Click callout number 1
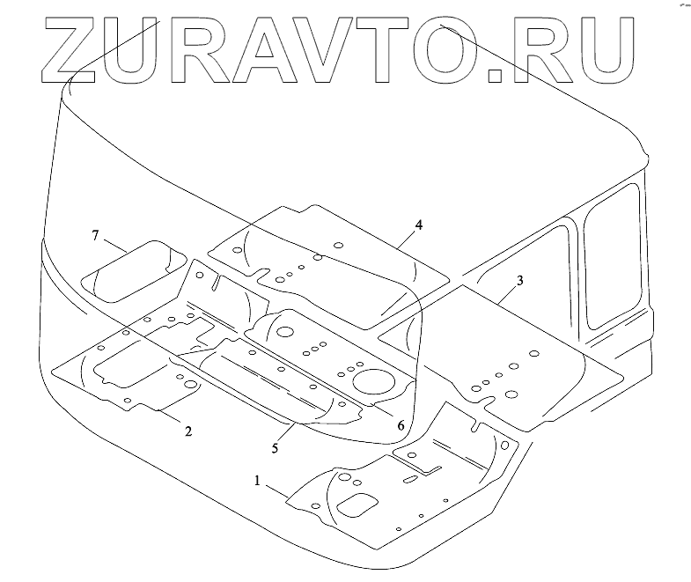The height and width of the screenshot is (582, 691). click(x=257, y=481)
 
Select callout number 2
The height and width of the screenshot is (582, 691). click(x=187, y=431)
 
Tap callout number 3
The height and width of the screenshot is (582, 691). click(x=520, y=280)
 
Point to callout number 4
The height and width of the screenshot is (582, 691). click(x=419, y=225)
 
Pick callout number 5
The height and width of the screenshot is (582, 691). click(x=275, y=447)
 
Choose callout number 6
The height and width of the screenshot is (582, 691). click(x=401, y=425)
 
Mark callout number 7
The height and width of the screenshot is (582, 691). click(x=95, y=235)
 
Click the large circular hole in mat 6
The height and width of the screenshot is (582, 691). click(x=373, y=382)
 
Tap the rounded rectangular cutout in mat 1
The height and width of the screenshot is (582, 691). click(x=356, y=504)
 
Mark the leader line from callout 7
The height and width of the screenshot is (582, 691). click(x=115, y=242)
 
